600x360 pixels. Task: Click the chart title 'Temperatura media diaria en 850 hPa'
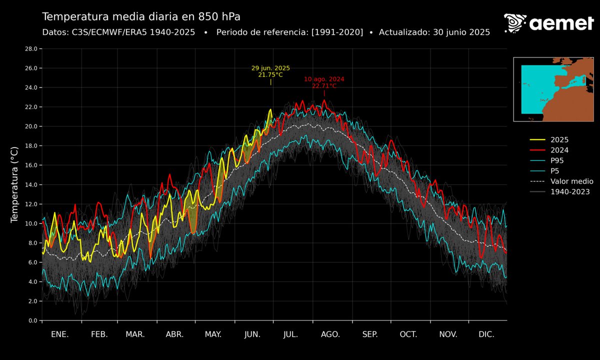[141, 16]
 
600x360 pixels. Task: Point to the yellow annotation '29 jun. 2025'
[270, 68]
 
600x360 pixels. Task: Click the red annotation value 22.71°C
[324, 86]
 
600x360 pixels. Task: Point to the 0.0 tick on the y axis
[32, 320]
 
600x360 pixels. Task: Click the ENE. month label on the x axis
[60, 334]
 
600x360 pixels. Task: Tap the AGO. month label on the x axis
[330, 334]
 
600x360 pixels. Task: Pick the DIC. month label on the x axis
[486, 334]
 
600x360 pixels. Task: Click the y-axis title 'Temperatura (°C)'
[14, 184]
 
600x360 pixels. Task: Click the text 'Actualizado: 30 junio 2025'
[434, 32]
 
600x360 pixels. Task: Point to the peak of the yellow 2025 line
[271, 109]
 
